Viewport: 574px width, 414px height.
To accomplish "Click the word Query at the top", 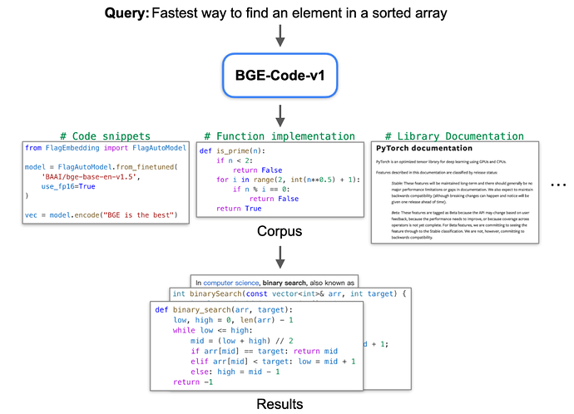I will coord(124,13).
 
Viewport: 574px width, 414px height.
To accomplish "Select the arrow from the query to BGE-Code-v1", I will coord(280,35).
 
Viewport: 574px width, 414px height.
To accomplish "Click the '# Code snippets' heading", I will coord(106,136).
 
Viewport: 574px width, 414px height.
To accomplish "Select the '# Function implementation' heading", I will coord(279,136).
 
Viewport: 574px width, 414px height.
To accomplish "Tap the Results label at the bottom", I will coord(280,405).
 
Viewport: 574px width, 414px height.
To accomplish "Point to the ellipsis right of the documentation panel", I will coord(559,185).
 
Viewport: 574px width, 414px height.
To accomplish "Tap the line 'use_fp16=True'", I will coord(70,187).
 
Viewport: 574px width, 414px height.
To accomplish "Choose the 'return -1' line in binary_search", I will coord(193,382).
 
